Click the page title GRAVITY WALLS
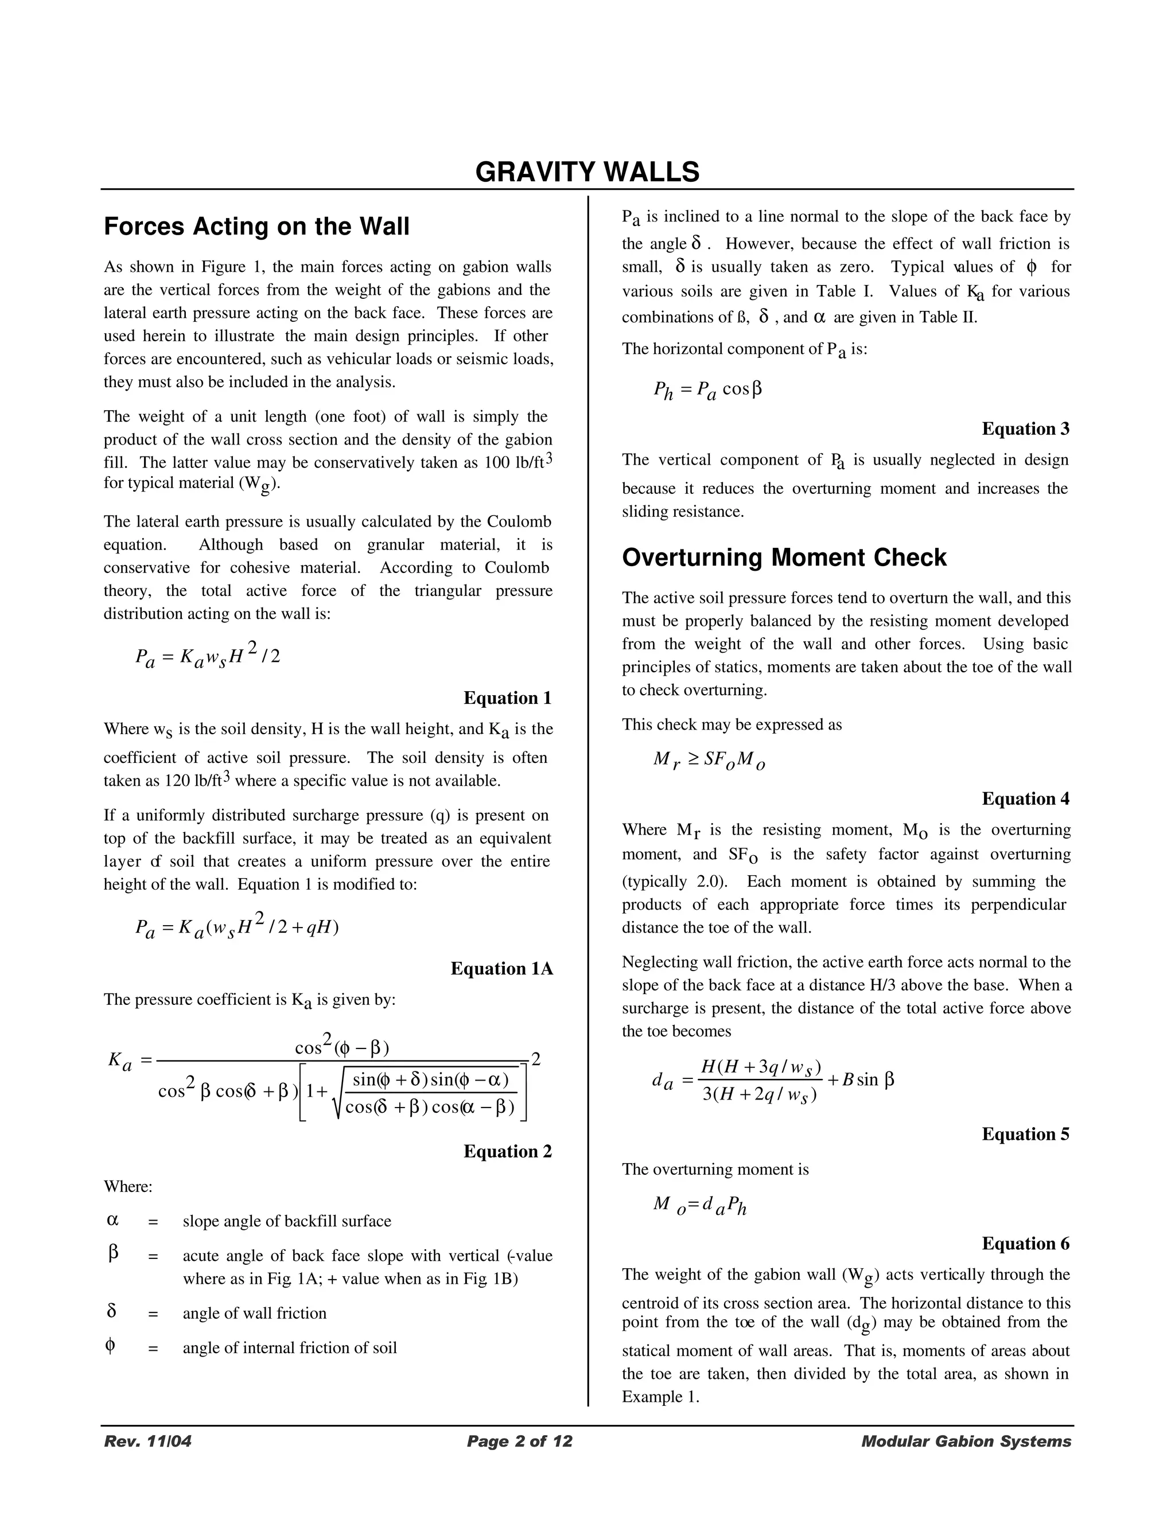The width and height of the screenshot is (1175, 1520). (587, 172)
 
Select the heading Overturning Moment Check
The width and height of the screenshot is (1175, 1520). (784, 558)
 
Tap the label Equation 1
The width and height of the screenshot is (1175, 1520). (507, 697)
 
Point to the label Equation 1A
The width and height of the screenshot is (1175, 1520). (501, 968)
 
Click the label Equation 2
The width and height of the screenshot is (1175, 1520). (507, 1151)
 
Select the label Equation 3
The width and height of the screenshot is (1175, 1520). (1025, 428)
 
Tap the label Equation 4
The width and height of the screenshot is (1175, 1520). (1025, 798)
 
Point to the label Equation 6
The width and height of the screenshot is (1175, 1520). (1025, 1243)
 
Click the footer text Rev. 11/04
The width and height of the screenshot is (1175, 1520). (147, 1441)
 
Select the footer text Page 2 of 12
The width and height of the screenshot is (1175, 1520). (519, 1441)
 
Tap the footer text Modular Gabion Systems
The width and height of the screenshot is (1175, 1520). (966, 1441)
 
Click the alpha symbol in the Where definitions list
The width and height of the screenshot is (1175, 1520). (113, 1220)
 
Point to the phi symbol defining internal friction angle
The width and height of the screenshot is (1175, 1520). (110, 1346)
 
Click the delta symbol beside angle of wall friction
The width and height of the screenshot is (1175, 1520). (111, 1311)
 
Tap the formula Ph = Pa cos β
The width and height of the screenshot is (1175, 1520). (707, 389)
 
